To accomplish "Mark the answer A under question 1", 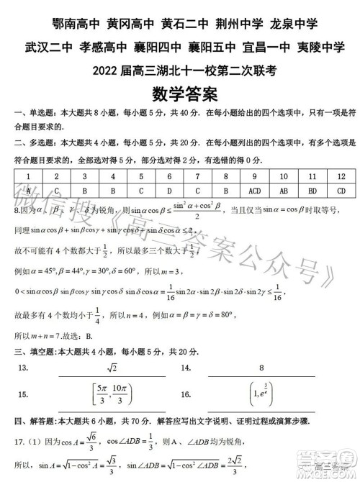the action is pyautogui.click(x=27, y=191).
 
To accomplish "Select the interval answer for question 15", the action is pyautogui.click(x=111, y=394).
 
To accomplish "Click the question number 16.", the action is pyautogui.click(x=186, y=395).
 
